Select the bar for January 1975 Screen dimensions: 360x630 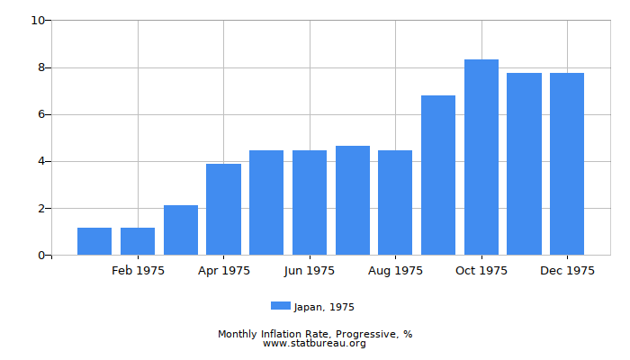94,241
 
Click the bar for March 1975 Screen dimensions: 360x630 181,230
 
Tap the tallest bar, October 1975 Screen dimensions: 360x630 481,157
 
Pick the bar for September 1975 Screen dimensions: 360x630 438,175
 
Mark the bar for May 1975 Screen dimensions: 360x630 266,202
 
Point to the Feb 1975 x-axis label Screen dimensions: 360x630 138,271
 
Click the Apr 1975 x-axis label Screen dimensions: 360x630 224,271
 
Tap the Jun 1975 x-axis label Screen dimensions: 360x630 310,271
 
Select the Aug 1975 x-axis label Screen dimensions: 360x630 395,271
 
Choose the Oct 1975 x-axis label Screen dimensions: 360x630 481,271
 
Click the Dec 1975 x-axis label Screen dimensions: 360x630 567,271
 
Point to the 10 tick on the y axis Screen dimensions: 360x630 38,21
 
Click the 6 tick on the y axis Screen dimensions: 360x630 41,114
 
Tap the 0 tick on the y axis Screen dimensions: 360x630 41,256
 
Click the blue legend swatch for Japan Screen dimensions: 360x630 281,306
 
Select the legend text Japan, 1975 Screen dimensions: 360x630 324,307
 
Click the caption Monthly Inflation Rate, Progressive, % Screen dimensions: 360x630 315,334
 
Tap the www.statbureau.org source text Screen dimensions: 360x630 315,344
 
